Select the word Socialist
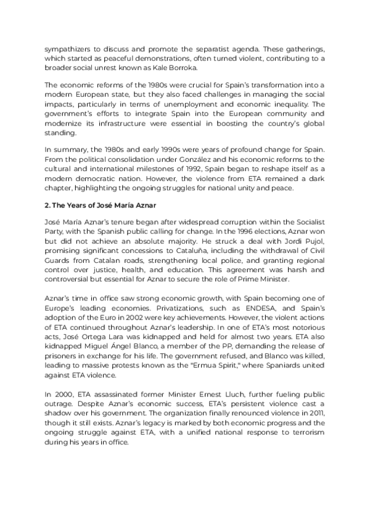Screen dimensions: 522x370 308,220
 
